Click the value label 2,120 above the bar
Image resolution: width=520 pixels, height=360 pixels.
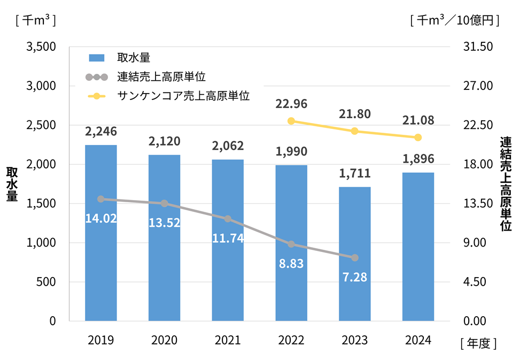165,142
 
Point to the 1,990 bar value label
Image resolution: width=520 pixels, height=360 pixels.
291,152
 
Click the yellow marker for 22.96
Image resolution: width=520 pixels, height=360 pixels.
291,121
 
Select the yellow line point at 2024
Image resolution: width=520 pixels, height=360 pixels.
418,137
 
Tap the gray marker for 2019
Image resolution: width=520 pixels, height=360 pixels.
101,199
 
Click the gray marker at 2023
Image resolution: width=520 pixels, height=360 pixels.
355,258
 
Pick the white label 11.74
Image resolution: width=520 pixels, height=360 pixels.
228,239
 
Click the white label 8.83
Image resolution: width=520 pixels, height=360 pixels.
291,264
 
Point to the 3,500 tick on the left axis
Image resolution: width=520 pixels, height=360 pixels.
41,47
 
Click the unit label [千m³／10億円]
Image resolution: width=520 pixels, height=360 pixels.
455,21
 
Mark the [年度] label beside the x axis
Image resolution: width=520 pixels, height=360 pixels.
478,343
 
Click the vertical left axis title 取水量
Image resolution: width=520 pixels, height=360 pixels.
11,184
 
